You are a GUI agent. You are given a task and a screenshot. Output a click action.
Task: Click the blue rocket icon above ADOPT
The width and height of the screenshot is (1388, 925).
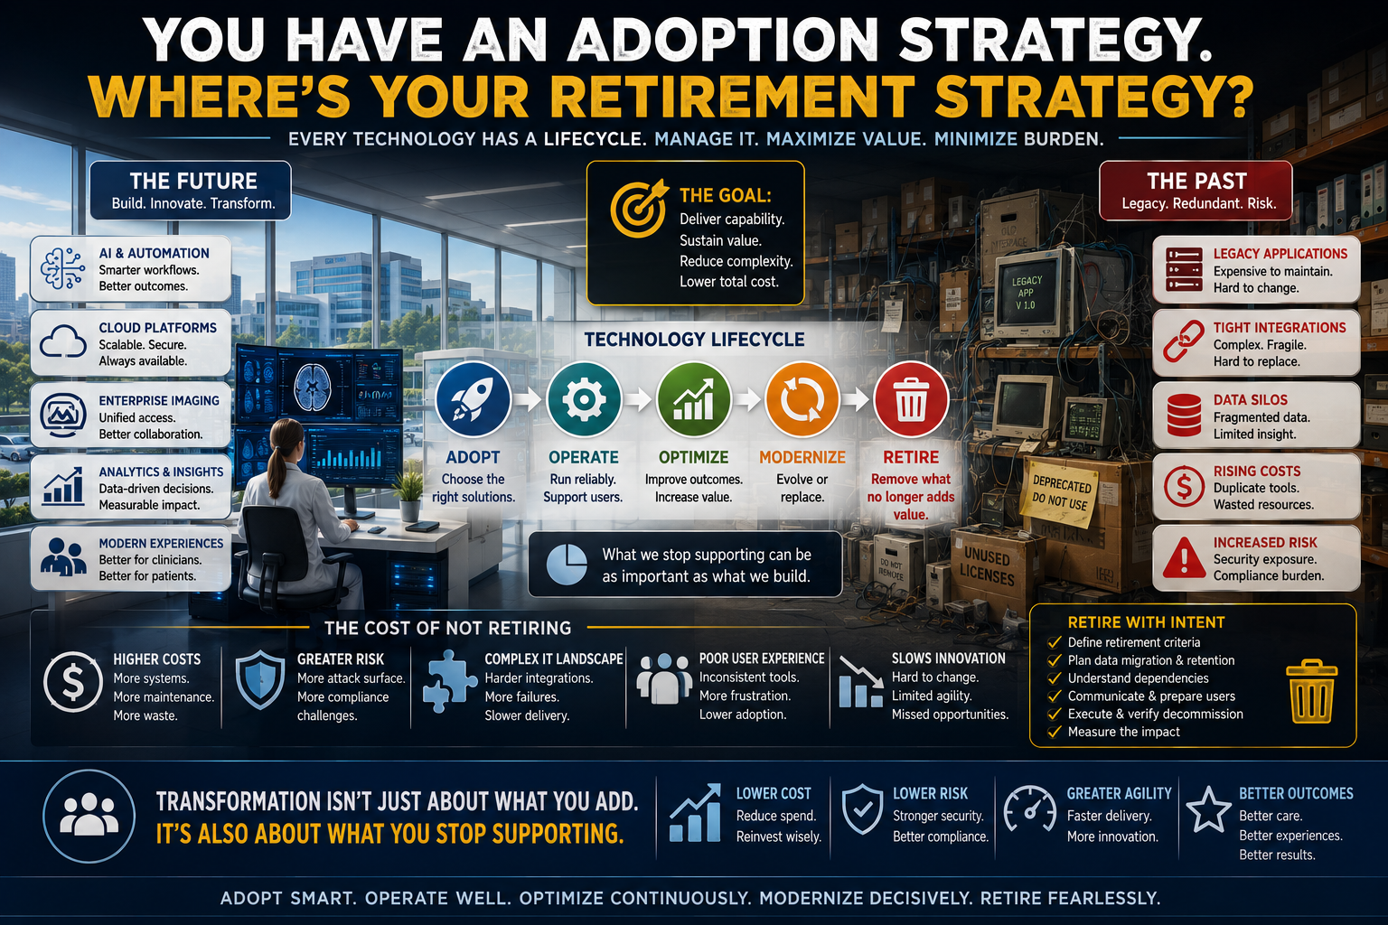[473, 399]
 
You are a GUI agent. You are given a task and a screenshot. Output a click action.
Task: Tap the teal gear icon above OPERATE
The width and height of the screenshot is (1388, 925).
[584, 399]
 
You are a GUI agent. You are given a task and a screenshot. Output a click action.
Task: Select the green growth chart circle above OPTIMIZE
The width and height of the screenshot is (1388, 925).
[693, 399]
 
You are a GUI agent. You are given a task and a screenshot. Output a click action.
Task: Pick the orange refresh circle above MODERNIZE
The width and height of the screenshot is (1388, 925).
[802, 399]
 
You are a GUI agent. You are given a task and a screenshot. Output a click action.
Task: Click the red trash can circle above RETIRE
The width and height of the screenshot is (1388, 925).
[911, 399]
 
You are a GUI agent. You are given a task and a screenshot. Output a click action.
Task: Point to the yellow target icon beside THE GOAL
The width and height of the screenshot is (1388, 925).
[638, 209]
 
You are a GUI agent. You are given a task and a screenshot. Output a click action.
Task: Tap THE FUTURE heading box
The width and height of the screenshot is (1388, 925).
[191, 191]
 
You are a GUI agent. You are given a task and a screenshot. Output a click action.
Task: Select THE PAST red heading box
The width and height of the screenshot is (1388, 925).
[1196, 191]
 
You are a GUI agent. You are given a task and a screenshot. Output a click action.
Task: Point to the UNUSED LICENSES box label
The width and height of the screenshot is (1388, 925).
[987, 567]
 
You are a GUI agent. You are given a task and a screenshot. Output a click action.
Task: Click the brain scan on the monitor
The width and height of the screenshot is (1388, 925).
[313, 388]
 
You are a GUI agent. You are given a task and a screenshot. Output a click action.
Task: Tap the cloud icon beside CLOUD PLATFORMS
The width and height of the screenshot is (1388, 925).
[62, 342]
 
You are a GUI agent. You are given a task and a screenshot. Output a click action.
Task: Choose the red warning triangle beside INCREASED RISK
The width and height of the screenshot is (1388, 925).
[1184, 557]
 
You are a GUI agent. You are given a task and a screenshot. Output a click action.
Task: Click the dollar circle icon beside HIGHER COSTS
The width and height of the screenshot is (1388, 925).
[73, 682]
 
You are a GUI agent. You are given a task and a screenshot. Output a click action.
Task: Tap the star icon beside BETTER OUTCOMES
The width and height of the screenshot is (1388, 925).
[1208, 809]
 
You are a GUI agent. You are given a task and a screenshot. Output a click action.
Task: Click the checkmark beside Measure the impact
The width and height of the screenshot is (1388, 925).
[1054, 732]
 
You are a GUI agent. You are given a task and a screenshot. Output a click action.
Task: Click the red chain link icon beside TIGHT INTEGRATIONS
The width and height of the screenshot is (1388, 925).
[1183, 342]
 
